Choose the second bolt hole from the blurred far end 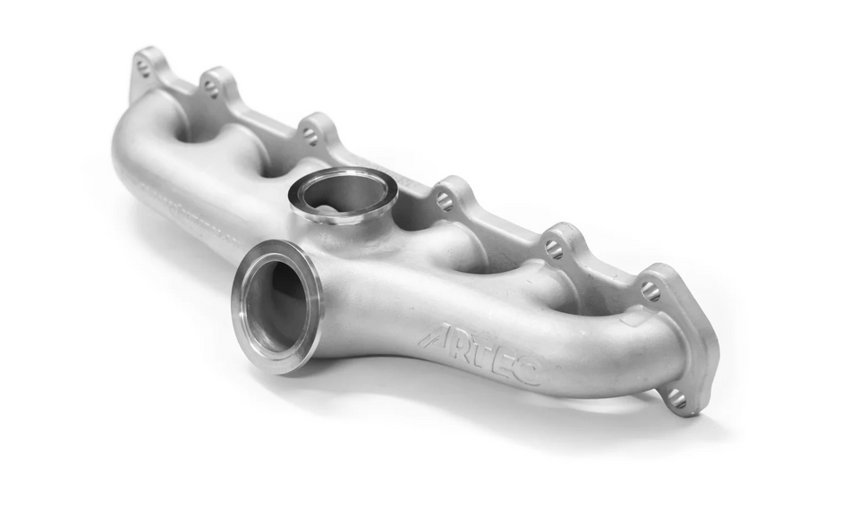212,88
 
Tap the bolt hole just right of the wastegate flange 445,202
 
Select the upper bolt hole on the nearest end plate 650,291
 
